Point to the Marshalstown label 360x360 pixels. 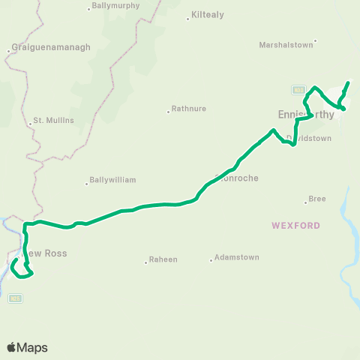pyautogui.click(x=285, y=44)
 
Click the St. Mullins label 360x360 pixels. pyautogui.click(x=52, y=120)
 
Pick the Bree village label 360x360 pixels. pyautogui.click(x=317, y=199)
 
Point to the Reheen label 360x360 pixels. pyautogui.click(x=163, y=259)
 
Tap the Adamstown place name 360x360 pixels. pyautogui.click(x=236, y=257)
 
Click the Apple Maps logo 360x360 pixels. pyautogui.click(x=27, y=347)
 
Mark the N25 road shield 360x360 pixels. pyautogui.click(x=14, y=298)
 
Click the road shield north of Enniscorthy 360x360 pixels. pyautogui.click(x=298, y=89)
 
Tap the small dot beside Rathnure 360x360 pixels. pyautogui.click(x=168, y=112)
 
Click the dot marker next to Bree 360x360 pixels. pyautogui.click(x=305, y=201)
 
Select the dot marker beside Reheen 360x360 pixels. pyautogui.click(x=145, y=262)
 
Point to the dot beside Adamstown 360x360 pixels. pyautogui.click(x=211, y=260)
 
